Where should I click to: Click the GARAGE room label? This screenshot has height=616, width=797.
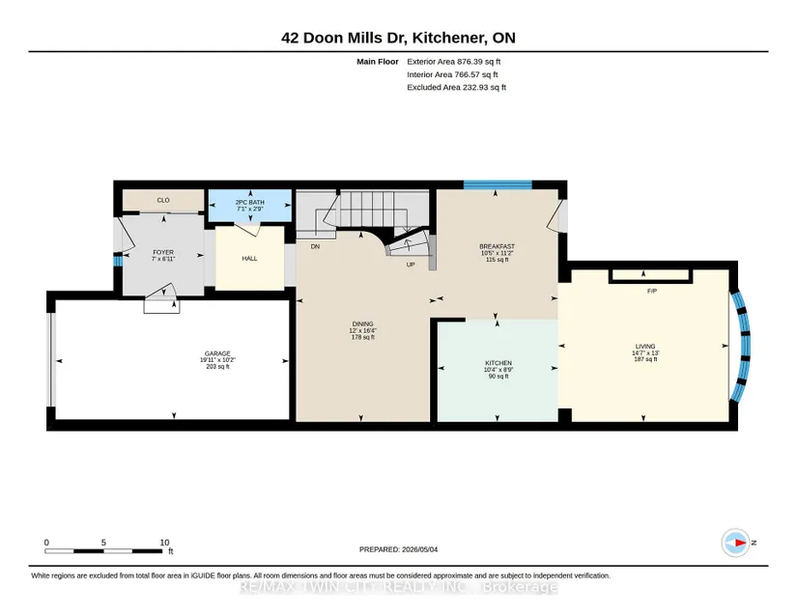pyautogui.click(x=217, y=353)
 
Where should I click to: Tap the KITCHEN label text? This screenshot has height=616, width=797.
pyautogui.click(x=498, y=363)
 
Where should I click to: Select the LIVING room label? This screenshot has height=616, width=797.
pyautogui.click(x=645, y=347)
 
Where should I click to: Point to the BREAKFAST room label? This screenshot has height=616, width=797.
pyautogui.click(x=498, y=246)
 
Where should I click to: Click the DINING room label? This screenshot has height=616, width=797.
pyautogui.click(x=363, y=324)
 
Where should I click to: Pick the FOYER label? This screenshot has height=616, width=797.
pyautogui.click(x=163, y=252)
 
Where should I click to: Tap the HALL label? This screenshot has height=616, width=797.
pyautogui.click(x=249, y=259)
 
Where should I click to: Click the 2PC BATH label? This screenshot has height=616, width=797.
pyautogui.click(x=249, y=202)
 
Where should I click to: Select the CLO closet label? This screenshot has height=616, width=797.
pyautogui.click(x=163, y=200)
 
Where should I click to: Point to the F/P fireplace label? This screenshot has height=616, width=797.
pyautogui.click(x=652, y=291)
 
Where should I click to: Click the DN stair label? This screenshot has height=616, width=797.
pyautogui.click(x=315, y=246)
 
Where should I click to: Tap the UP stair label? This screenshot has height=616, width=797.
pyautogui.click(x=411, y=265)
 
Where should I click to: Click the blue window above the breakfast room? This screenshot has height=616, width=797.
pyautogui.click(x=498, y=184)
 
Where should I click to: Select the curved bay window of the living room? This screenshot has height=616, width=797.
pyautogui.click(x=743, y=346)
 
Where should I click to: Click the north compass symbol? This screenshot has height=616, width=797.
pyautogui.click(x=736, y=543)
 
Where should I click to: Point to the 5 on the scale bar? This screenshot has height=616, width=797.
pyautogui.click(x=103, y=543)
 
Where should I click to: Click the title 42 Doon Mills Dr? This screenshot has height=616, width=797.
pyautogui.click(x=344, y=38)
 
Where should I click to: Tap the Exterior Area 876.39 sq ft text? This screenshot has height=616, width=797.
pyautogui.click(x=454, y=62)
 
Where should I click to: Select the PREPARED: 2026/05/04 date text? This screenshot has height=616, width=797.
pyautogui.click(x=398, y=549)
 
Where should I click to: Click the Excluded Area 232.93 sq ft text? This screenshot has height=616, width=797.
pyautogui.click(x=456, y=87)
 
